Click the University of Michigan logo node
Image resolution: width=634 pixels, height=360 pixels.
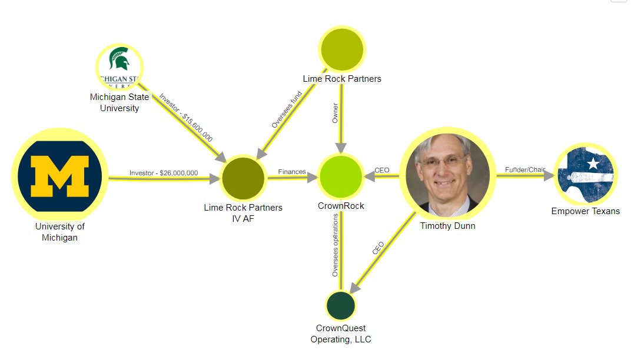pyautogui.click(x=59, y=176)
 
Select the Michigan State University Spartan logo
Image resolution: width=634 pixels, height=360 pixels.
pyautogui.click(x=120, y=67)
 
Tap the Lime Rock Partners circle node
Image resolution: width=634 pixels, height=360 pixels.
pyautogui.click(x=342, y=49)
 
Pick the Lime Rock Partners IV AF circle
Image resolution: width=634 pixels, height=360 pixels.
pyautogui.click(x=243, y=178)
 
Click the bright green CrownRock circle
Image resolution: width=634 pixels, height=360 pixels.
pyautogui.click(x=340, y=176)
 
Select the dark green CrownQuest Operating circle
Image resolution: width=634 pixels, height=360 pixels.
pyautogui.click(x=341, y=305)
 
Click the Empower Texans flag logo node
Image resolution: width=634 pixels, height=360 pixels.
pyautogui.click(x=585, y=175)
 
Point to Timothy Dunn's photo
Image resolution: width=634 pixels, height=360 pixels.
pyautogui.click(x=445, y=175)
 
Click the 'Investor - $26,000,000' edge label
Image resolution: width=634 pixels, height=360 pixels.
pyautogui.click(x=164, y=173)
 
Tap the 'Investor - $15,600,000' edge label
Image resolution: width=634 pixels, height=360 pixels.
pyautogui.click(x=186, y=117)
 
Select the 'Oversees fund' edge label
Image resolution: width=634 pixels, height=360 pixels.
pyautogui.click(x=287, y=109)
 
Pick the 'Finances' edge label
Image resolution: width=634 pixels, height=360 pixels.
pyautogui.click(x=292, y=172)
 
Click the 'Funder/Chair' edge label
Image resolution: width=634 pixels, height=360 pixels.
pyautogui.click(x=525, y=170)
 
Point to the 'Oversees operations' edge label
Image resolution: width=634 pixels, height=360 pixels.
pyautogui.click(x=335, y=245)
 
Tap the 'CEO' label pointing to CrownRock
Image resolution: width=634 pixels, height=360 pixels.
pyautogui.click(x=382, y=171)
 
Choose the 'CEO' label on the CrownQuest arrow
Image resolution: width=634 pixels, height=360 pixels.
pyautogui.click(x=378, y=248)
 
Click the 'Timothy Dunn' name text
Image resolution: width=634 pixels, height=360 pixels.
pyautogui.click(x=447, y=226)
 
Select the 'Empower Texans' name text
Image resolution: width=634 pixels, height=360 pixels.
pyautogui.click(x=585, y=211)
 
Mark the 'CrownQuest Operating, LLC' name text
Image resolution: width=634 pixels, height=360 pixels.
pyautogui.click(x=341, y=334)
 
